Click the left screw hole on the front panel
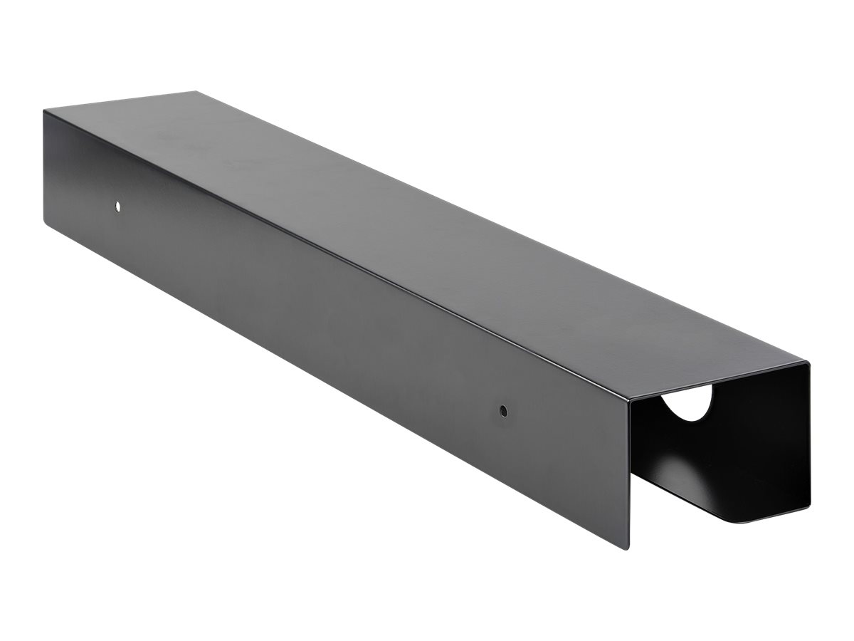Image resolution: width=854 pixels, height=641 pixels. click(118, 207)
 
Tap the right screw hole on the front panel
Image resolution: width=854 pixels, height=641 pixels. click(503, 411)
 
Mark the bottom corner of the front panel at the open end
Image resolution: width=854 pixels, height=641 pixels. click(628, 548)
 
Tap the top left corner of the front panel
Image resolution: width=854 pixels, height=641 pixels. click(43, 110)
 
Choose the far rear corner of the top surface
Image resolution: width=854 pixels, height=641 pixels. click(195, 91)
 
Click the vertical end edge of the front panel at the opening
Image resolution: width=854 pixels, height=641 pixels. click(628, 470)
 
